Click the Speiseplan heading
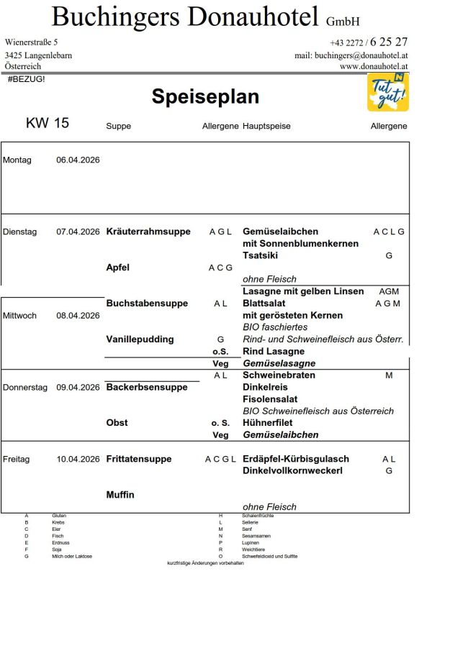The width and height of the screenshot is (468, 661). (x=205, y=97)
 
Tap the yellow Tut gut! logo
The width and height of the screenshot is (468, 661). (x=388, y=92)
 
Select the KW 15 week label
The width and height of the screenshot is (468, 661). (x=48, y=123)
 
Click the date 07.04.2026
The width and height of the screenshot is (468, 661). (x=78, y=232)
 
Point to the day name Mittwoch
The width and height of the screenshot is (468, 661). (x=19, y=316)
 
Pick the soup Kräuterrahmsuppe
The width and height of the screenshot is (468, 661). (x=148, y=232)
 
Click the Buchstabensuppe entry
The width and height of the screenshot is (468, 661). (x=147, y=304)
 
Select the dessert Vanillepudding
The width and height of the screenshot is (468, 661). (x=140, y=339)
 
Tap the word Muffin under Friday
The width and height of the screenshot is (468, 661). (x=120, y=495)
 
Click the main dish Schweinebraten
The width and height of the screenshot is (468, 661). (x=279, y=375)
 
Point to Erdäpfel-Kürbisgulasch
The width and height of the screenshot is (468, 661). (x=296, y=459)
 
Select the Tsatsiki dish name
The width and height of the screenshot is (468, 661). (x=261, y=255)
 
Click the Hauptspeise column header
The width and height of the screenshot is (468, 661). (x=267, y=127)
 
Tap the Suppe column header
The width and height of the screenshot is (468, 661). (x=118, y=127)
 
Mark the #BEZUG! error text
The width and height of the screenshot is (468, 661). (x=26, y=78)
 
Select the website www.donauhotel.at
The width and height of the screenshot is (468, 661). (x=374, y=66)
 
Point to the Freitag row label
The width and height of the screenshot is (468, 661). (x=17, y=459)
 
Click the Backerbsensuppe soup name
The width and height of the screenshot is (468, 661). (x=147, y=387)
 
